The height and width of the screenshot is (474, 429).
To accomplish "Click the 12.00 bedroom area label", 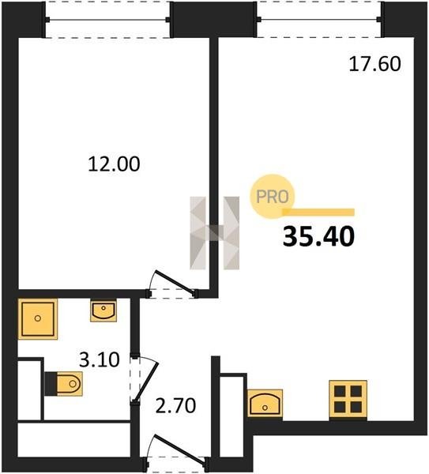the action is [114, 164].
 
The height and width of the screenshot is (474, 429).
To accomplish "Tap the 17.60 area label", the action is [375, 64].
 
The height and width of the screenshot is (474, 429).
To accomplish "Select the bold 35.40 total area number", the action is [318, 237].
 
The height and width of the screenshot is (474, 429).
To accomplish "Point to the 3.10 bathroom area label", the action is [100, 359].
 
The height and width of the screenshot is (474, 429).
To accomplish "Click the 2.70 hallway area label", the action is [175, 405].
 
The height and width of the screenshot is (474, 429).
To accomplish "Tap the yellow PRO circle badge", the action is [273, 197].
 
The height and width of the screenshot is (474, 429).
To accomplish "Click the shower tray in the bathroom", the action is [38, 318].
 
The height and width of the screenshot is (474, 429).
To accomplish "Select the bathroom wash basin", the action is [103, 310].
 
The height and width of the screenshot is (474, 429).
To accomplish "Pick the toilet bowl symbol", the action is [70, 384].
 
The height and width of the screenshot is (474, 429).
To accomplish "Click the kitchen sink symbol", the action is [265, 403].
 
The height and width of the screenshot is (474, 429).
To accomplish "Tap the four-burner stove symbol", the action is [348, 399].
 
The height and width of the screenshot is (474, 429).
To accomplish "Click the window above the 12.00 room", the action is [107, 20].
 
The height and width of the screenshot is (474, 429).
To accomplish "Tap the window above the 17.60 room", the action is [319, 20].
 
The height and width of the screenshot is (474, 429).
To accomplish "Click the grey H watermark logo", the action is [214, 233].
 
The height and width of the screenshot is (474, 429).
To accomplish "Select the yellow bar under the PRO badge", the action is [318, 213].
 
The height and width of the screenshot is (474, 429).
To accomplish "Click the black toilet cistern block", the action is [51, 384].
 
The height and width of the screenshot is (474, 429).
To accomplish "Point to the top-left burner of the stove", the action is [340, 391].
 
